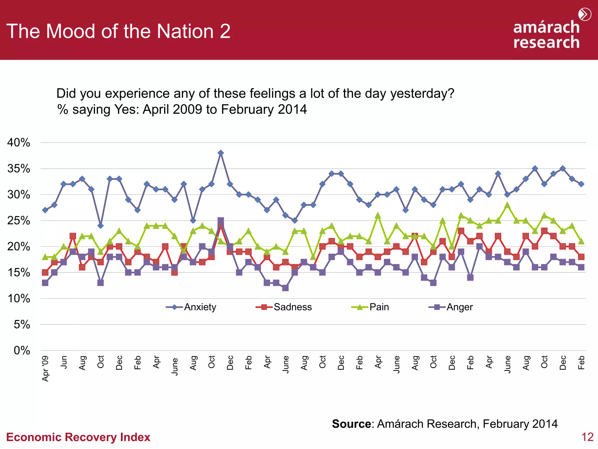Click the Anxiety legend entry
click(192, 307)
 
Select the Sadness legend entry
click(284, 307)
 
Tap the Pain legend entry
click(370, 307)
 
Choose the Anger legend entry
click(451, 307)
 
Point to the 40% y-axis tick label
click(19, 143)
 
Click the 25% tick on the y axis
click(19, 221)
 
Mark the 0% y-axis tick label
click(22, 350)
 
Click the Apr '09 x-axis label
click(45, 368)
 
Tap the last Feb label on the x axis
click(581, 362)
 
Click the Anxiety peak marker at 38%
click(221, 153)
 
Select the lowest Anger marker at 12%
click(285, 288)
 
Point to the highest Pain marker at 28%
click(507, 205)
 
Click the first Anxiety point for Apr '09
click(45, 210)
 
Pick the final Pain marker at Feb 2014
click(581, 241)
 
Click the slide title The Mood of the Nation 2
click(118, 31)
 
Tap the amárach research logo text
click(546, 34)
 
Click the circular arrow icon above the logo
click(585, 14)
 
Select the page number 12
click(587, 437)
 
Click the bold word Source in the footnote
click(351, 424)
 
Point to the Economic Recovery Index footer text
click(78, 437)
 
